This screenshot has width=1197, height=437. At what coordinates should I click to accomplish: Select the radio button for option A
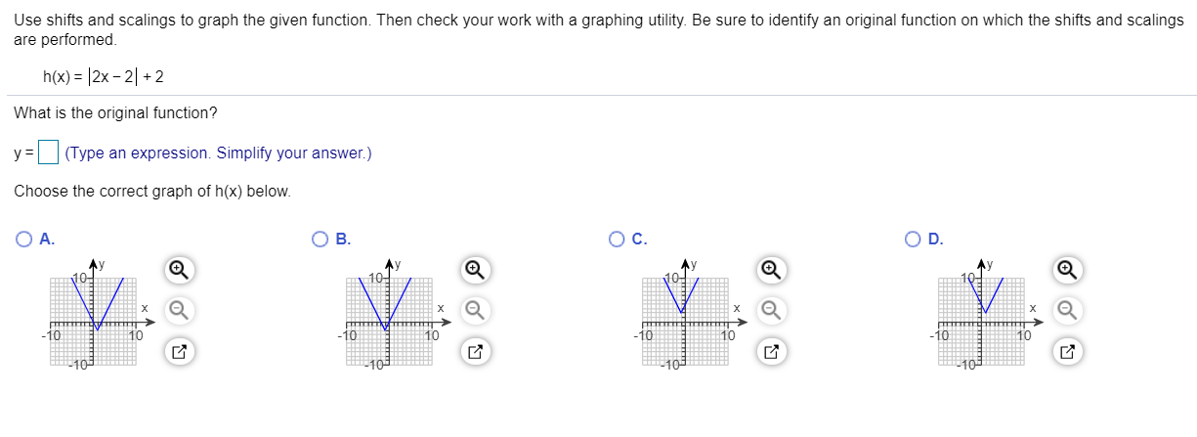click(23, 239)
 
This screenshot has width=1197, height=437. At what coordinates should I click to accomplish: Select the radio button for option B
click(319, 239)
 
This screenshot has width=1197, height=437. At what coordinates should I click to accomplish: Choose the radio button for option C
click(616, 239)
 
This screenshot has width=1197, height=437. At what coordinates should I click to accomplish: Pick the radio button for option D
click(911, 239)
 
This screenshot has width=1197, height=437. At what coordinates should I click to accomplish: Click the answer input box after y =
click(50, 153)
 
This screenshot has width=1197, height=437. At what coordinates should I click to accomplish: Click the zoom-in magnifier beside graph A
click(178, 269)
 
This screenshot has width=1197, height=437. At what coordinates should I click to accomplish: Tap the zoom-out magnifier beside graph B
click(474, 309)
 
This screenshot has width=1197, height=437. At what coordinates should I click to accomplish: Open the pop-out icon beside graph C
click(772, 350)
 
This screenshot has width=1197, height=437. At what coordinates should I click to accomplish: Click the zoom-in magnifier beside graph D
click(1068, 269)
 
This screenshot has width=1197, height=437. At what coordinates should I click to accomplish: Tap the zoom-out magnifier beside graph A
click(178, 309)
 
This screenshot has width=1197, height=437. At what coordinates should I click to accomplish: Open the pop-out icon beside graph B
click(474, 350)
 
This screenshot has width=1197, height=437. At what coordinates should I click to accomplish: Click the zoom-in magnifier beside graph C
click(772, 269)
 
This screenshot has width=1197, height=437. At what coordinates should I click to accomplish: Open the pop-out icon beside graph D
click(1068, 350)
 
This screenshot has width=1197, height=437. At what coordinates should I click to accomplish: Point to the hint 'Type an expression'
click(137, 153)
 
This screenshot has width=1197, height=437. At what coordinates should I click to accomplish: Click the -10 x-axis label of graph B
click(346, 335)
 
